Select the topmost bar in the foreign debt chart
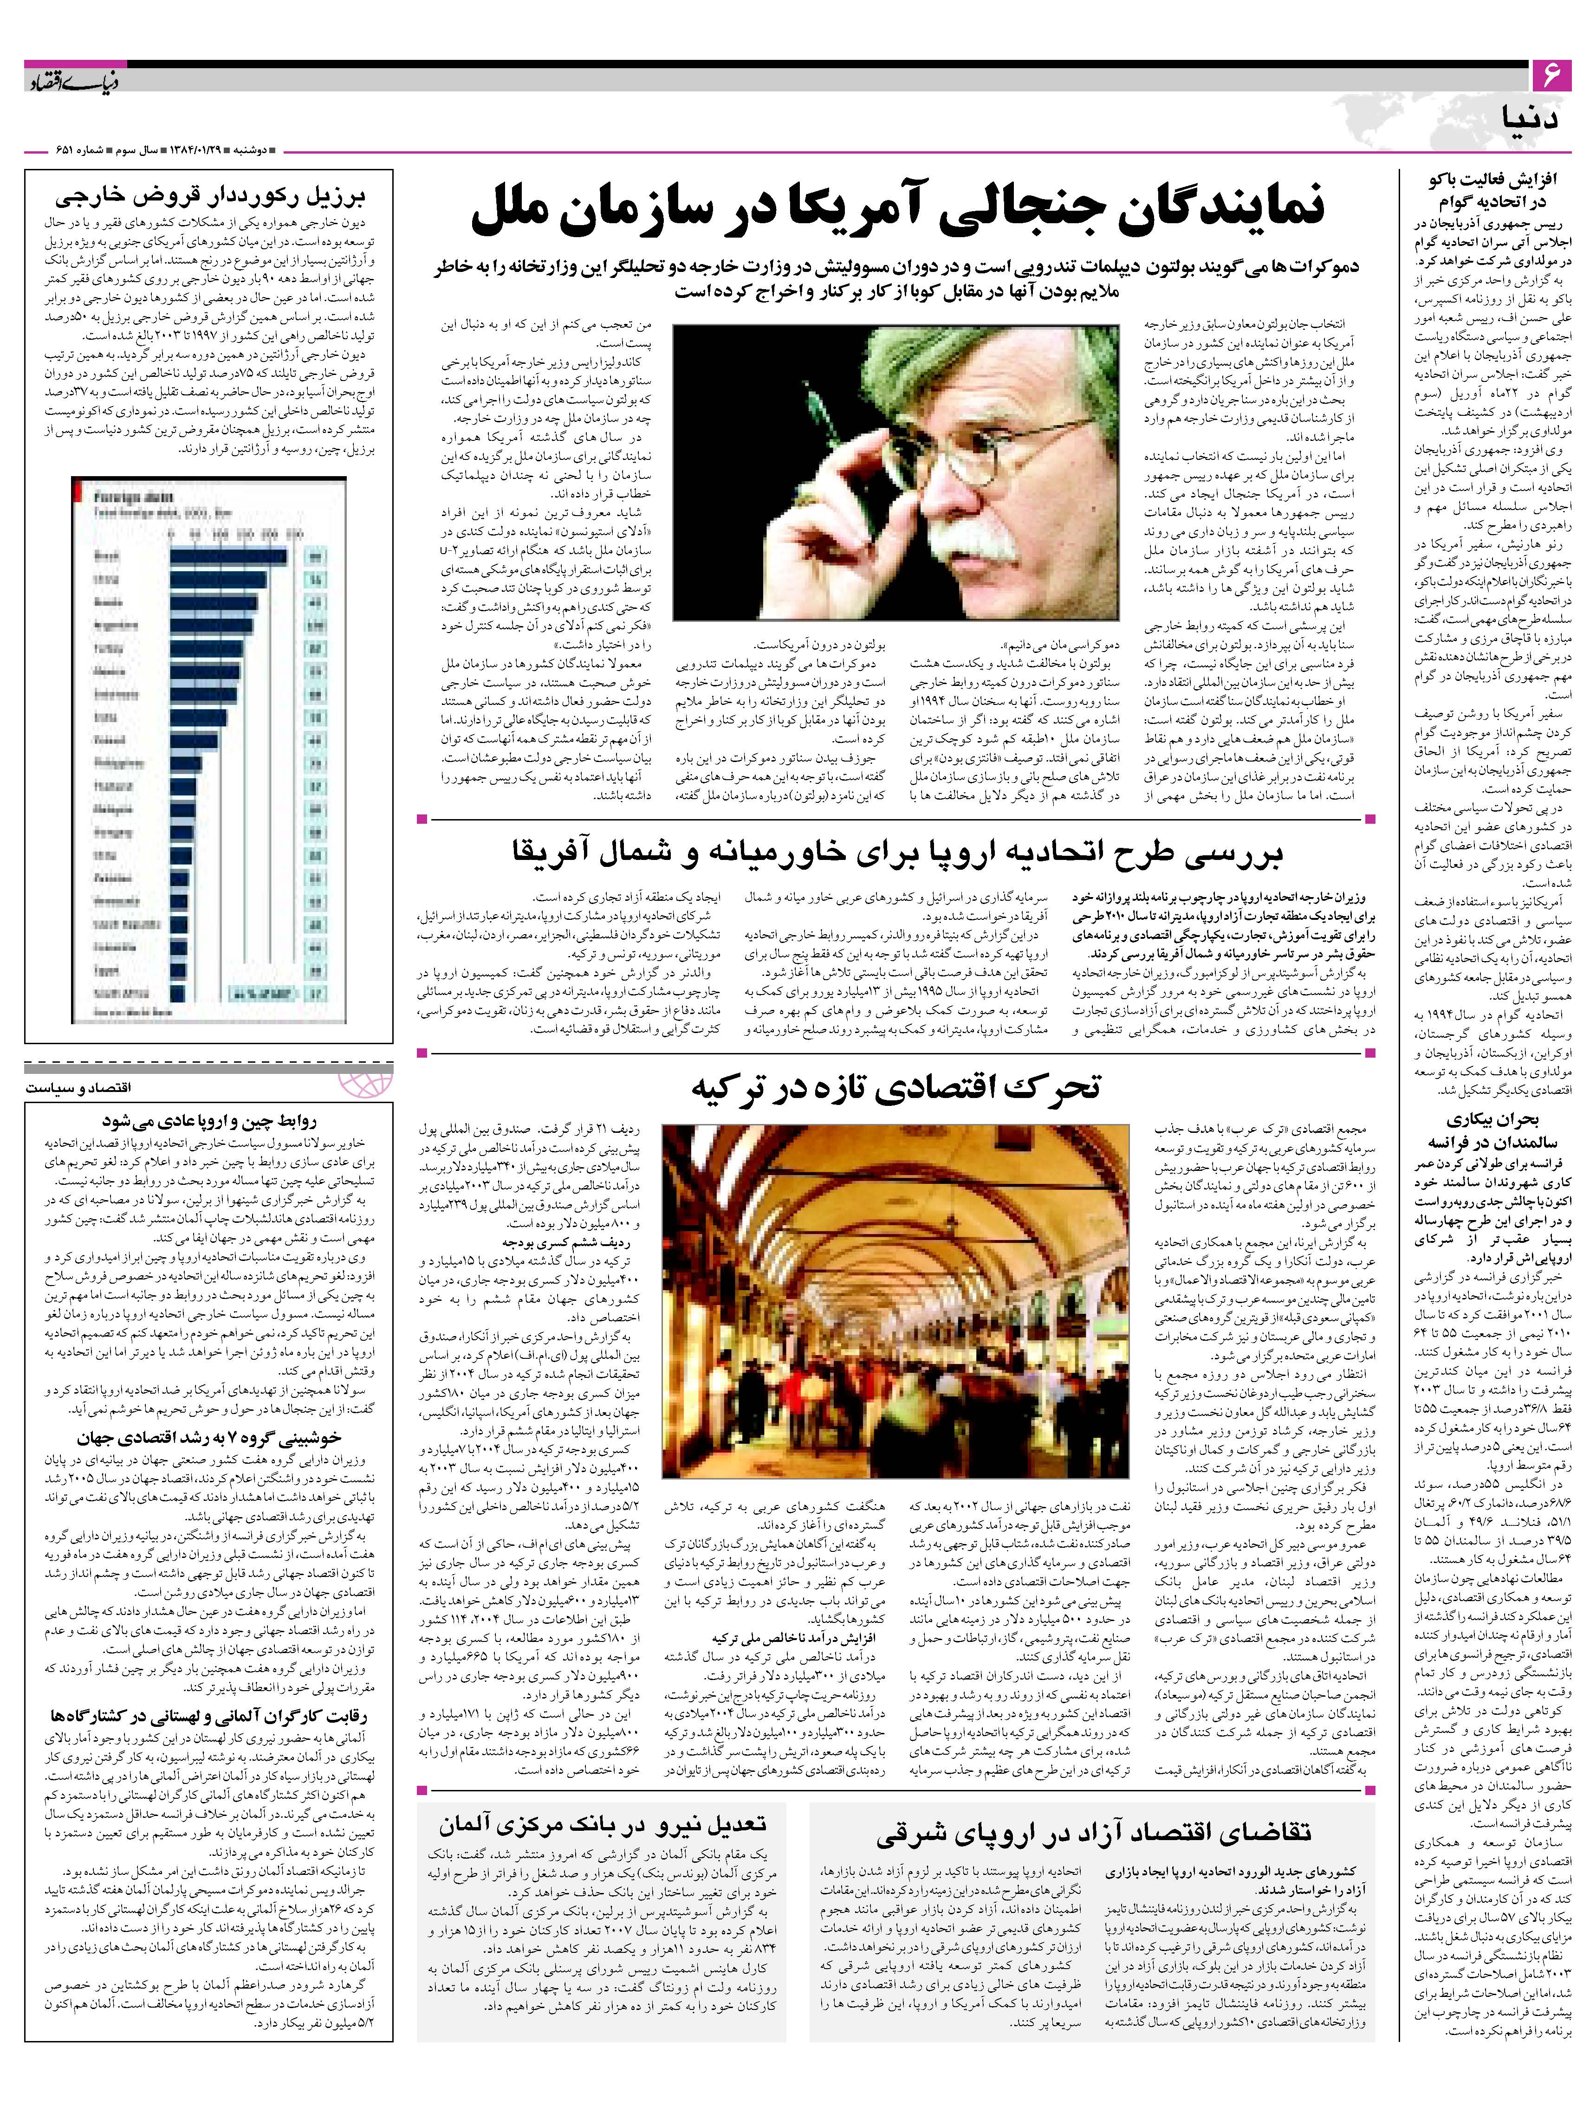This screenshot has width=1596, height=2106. [228, 556]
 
